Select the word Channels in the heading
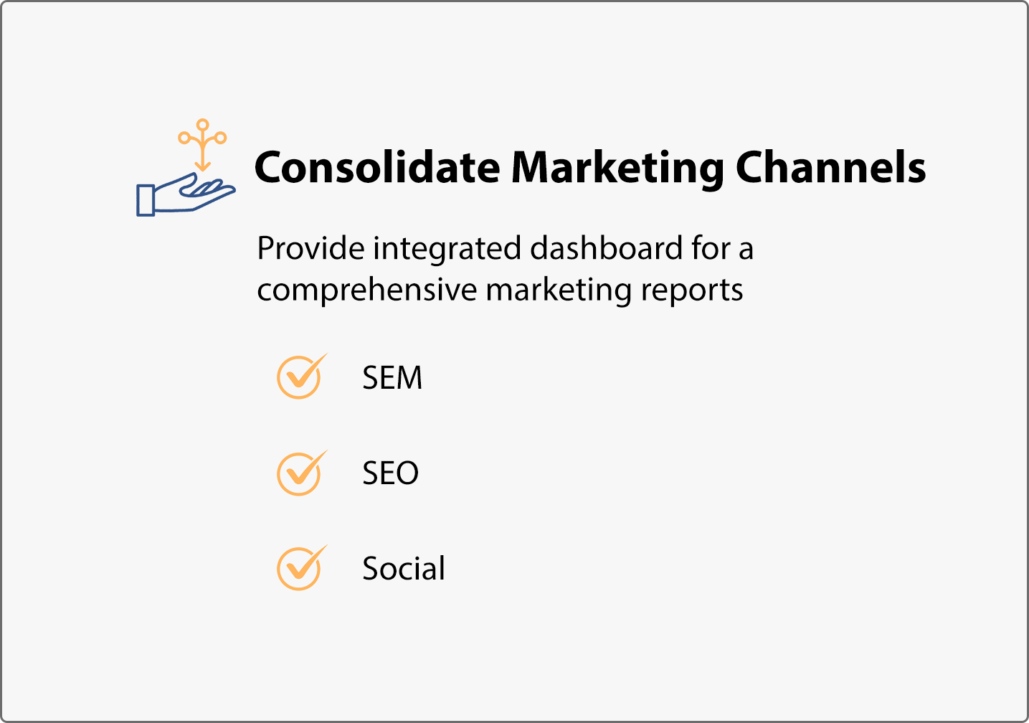tap(830, 166)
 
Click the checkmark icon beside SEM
tap(302, 376)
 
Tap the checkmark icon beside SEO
tap(302, 473)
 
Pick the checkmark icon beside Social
tap(302, 567)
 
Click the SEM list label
tap(392, 378)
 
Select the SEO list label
tap(391, 473)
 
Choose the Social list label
tap(403, 568)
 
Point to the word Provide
tap(311, 248)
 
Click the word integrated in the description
tap(447, 250)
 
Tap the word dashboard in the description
tap(607, 248)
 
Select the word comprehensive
tap(367, 291)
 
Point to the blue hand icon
tap(186, 194)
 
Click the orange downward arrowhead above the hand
tap(203, 166)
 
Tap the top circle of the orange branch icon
tap(203, 125)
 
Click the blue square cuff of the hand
tap(146, 200)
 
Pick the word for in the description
tap(711, 248)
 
